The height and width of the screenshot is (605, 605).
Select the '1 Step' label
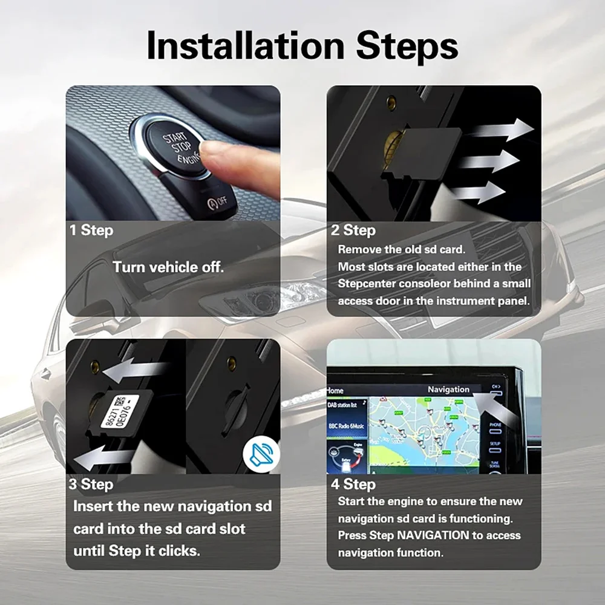pyautogui.click(x=90, y=231)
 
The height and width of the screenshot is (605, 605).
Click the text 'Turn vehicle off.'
pyautogui.click(x=168, y=267)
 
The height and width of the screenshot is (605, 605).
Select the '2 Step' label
pyautogui.click(x=353, y=231)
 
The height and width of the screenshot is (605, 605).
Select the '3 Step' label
pyautogui.click(x=90, y=484)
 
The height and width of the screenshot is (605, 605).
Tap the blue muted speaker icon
pyautogui.click(x=261, y=454)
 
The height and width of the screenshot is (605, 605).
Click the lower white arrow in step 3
pyautogui.click(x=103, y=458)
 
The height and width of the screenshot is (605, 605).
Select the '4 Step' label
pyautogui.click(x=353, y=484)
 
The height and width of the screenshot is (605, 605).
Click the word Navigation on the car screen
pyautogui.click(x=448, y=390)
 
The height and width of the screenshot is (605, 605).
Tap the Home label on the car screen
pyautogui.click(x=335, y=391)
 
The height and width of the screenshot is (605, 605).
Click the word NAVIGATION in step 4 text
pyautogui.click(x=433, y=535)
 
